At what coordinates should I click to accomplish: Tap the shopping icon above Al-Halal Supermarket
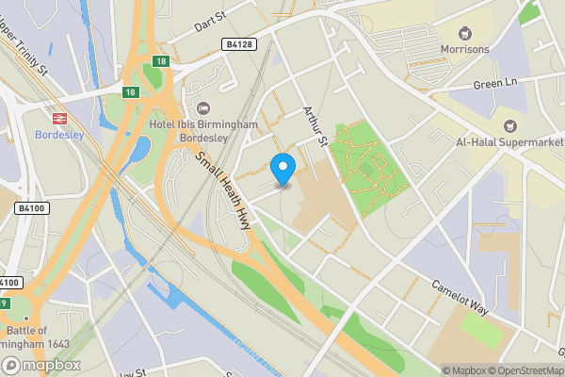pyautogui.click(x=510, y=124)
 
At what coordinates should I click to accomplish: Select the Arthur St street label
pyautogui.click(x=311, y=126)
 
